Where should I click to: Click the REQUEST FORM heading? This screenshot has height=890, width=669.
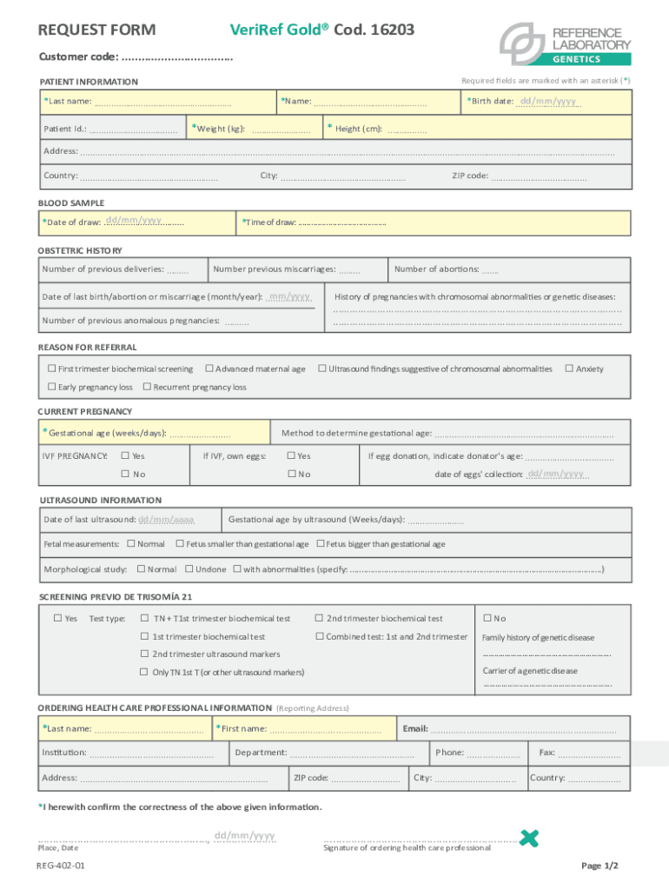pos(97,30)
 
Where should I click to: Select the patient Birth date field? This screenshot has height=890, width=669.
pos(547,102)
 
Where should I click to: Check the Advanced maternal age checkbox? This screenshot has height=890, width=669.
pos(209,369)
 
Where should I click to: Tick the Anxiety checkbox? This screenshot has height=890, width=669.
pos(569,369)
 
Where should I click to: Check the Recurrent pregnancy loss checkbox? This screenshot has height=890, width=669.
pos(147,387)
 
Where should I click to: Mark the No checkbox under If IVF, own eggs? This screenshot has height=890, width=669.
pos(292,475)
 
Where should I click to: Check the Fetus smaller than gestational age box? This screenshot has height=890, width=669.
pos(179,544)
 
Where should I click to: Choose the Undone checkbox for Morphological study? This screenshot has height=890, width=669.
pos(189,569)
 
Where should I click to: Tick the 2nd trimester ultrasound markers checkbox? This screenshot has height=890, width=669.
pos(145,654)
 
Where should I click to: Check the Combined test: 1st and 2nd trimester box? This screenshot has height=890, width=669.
pos(319,637)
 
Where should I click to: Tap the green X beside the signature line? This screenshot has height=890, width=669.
pos(527,838)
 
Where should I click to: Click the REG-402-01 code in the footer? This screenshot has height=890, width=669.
pos(61,867)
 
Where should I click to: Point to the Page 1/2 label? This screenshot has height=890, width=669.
pos(599,867)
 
